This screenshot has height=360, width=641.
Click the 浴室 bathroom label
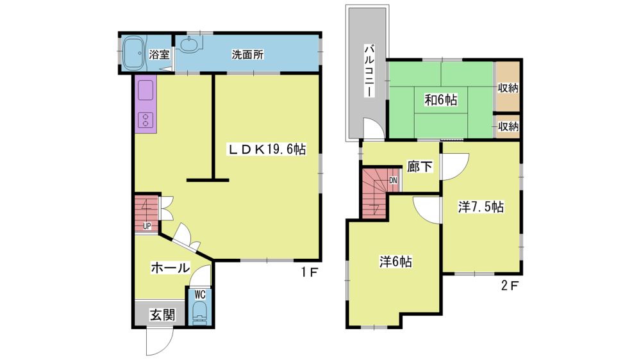pyautogui.click(x=159, y=54)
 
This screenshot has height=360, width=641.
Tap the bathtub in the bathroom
pyautogui.click(x=133, y=54)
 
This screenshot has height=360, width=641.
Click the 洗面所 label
pyautogui.click(x=247, y=54)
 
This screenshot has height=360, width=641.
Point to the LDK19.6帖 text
pyautogui.click(x=267, y=149)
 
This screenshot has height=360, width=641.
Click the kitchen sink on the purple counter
pyautogui.click(x=146, y=90)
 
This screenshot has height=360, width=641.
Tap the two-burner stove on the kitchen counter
pyautogui.click(x=146, y=119)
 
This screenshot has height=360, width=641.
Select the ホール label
pyautogui.click(x=171, y=268)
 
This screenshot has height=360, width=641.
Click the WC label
pyautogui.click(x=200, y=294)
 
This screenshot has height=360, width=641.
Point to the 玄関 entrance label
pyautogui.click(x=162, y=315)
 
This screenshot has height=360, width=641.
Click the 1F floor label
pyautogui.click(x=310, y=272)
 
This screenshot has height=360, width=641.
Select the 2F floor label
pyautogui.click(x=510, y=285)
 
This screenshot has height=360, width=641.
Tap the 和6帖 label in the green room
pyautogui.click(x=441, y=100)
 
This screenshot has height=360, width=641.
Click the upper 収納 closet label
pyautogui.click(x=508, y=88)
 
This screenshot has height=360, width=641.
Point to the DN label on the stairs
pyautogui.click(x=394, y=180)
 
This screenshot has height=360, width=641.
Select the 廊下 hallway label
pyautogui.click(x=420, y=167)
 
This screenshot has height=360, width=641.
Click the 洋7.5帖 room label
pyautogui.click(x=481, y=207)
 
